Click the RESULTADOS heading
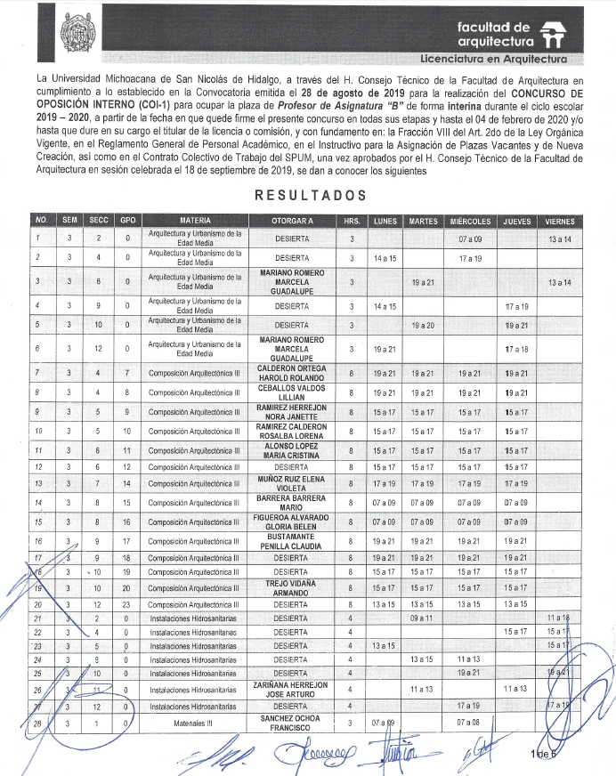point(310,195)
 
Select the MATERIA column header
point(195,220)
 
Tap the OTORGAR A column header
point(292,220)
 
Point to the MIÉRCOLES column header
point(470,220)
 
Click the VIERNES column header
point(561,220)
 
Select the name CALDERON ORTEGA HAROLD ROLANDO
point(292,373)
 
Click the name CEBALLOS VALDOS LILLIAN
point(292,392)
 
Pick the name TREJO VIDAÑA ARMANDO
point(292,588)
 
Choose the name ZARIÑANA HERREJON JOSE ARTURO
point(292,690)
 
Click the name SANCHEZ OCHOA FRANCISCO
point(292,723)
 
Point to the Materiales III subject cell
point(195,723)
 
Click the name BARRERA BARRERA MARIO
point(292,504)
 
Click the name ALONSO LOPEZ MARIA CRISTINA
point(292,448)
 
